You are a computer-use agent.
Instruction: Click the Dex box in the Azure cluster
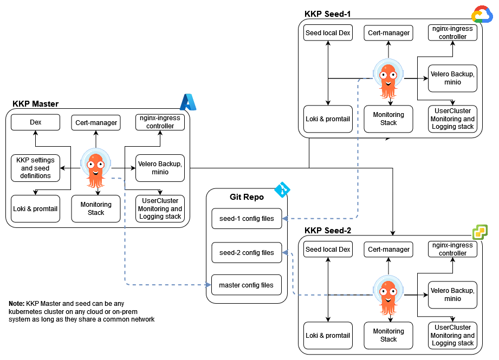click(36, 123)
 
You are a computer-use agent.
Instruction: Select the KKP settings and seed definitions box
click(36, 168)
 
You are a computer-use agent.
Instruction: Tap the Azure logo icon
click(188, 101)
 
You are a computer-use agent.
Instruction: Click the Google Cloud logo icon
click(482, 14)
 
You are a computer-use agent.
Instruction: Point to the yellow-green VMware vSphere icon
click(479, 232)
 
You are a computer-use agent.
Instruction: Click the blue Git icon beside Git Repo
click(282, 189)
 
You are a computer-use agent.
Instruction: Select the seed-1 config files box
click(247, 219)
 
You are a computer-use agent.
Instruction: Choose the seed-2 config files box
click(247, 253)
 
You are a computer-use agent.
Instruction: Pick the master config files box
click(247, 285)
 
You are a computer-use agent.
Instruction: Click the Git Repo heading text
click(247, 197)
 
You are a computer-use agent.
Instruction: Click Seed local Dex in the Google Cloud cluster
click(328, 33)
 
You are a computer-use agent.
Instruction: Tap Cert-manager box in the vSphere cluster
click(388, 250)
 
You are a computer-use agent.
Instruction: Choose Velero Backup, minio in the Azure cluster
click(160, 168)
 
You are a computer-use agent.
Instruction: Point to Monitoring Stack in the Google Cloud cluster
click(388, 119)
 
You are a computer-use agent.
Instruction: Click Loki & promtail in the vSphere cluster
click(328, 336)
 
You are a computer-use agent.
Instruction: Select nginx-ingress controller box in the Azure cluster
click(160, 122)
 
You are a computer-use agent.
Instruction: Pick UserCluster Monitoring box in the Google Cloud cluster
click(452, 119)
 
